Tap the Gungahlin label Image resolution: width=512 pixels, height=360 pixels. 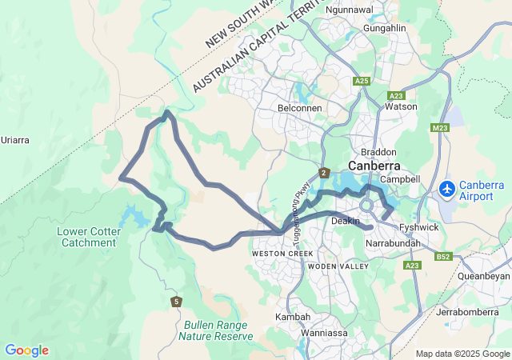(385, 28)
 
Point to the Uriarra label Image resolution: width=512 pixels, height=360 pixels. (14, 140)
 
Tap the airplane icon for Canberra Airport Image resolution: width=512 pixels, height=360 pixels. (447, 190)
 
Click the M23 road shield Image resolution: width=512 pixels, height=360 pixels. (440, 128)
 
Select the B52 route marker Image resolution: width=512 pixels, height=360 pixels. (444, 257)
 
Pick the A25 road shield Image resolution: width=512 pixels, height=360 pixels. (362, 82)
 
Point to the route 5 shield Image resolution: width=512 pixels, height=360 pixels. (176, 301)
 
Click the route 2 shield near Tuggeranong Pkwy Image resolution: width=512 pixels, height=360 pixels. (324, 173)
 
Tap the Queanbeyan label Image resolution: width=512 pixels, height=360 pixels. (483, 275)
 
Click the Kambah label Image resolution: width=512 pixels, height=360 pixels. (293, 317)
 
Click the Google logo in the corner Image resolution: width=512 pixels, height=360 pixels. (26, 350)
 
